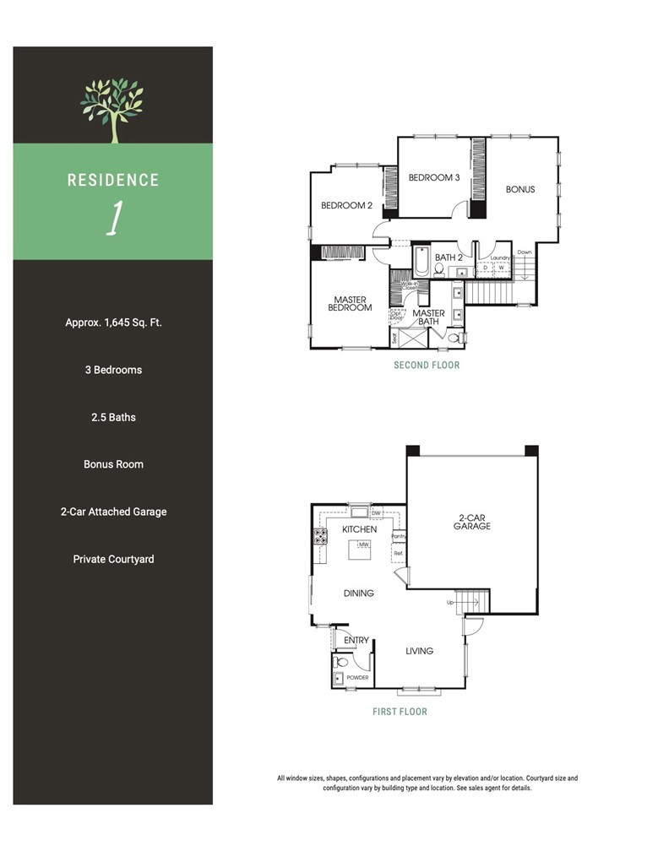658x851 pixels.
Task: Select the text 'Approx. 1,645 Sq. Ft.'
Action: tap(113, 323)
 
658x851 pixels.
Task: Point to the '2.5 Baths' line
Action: tap(113, 417)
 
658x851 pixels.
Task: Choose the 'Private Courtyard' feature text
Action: tap(113, 559)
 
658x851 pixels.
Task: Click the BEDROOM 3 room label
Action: tap(434, 178)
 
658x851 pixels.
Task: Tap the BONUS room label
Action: tap(520, 189)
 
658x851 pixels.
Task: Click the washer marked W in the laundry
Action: tap(501, 268)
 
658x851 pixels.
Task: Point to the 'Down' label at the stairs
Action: tap(525, 252)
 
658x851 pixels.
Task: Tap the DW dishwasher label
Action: tap(376, 512)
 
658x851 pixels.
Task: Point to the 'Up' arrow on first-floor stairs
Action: tap(452, 603)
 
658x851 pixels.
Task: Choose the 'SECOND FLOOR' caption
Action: tap(427, 366)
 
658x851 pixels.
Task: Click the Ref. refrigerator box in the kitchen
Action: tap(398, 554)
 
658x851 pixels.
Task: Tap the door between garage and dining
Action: tap(402, 577)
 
